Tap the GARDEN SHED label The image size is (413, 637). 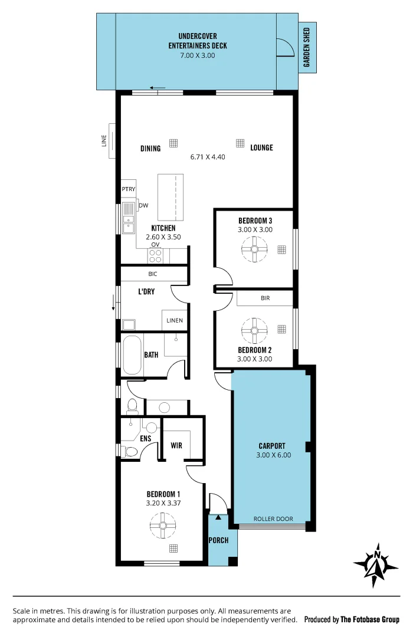click(307, 47)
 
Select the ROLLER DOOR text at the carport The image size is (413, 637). click(273, 519)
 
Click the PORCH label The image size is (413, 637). click(218, 540)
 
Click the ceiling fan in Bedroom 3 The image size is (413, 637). click(255, 249)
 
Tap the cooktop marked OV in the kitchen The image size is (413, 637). click(156, 255)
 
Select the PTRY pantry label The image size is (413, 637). click(129, 189)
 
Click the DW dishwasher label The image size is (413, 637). click(143, 205)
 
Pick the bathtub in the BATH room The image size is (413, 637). click(132, 355)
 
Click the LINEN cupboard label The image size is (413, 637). click(175, 321)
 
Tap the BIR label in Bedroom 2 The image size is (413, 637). click(265, 298)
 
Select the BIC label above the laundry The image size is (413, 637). click(153, 274)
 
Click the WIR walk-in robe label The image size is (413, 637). click(176, 445)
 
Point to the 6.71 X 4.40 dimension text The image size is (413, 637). click(208, 157)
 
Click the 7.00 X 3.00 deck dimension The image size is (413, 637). click(197, 55)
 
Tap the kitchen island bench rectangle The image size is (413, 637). click(171, 196)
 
